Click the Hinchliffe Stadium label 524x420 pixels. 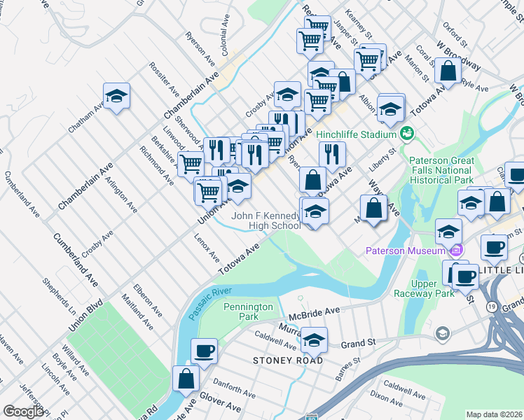tap(357, 134)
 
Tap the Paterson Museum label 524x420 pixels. tap(406, 251)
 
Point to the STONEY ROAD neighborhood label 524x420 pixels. tap(289, 360)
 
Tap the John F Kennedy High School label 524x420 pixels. tap(266, 221)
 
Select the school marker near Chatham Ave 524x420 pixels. tap(117, 97)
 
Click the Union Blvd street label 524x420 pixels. tap(85, 316)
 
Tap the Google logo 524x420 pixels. tap(23, 412)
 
